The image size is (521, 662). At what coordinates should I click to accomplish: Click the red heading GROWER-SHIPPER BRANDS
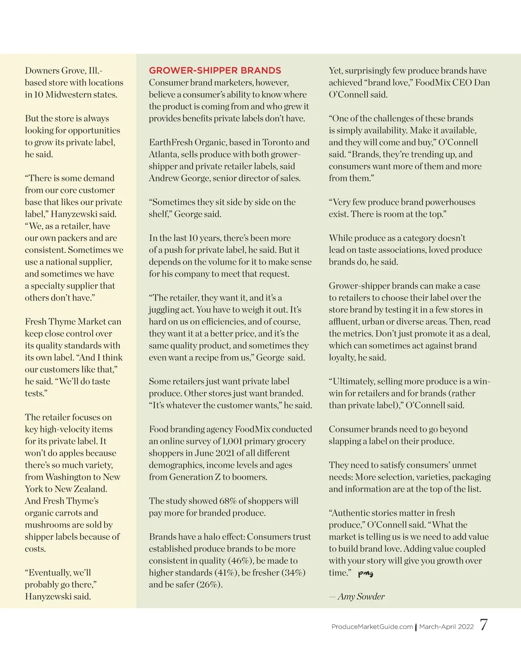coord(215,70)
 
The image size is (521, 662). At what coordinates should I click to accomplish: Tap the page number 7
coord(484,625)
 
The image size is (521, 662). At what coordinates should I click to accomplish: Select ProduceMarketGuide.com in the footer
coord(372,626)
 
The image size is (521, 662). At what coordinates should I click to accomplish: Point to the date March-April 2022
coord(446,626)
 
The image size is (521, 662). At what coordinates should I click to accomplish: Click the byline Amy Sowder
coord(361,596)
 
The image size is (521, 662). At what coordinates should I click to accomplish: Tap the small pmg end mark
coord(366,573)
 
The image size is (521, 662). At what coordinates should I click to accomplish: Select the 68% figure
coord(228,501)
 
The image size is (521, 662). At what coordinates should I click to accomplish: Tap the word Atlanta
coord(163,154)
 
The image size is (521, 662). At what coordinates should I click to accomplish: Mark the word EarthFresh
coord(171,142)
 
